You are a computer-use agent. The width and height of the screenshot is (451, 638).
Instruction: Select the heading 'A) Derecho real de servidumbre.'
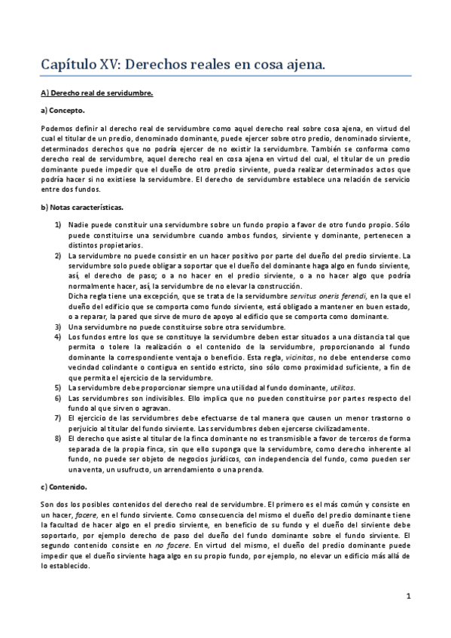(x=96, y=93)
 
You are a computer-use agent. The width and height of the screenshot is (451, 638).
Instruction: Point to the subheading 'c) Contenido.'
(x=66, y=487)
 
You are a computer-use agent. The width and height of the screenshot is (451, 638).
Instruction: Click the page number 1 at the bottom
(x=407, y=597)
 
